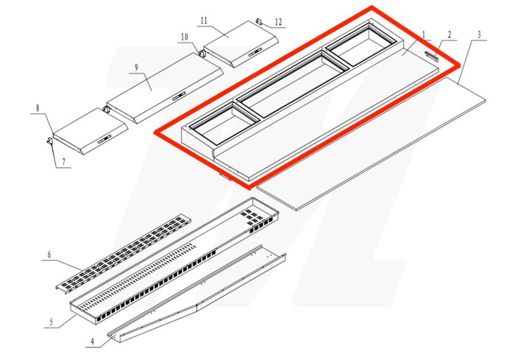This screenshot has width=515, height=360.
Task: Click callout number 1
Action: (425, 35)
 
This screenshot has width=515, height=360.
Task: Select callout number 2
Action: (450, 35)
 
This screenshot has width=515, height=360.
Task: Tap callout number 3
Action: (479, 35)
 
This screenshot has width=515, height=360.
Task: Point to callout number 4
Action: (93, 340)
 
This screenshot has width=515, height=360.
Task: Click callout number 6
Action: (49, 255)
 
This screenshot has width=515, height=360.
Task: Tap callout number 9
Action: (137, 68)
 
